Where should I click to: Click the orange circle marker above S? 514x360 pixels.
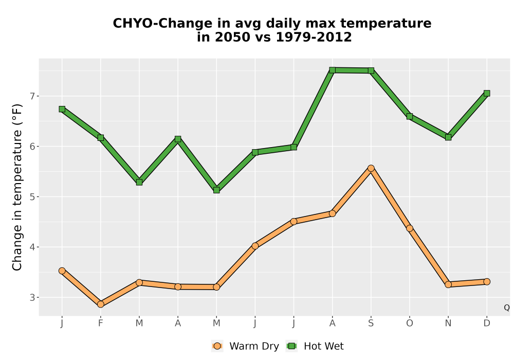pos(371,168)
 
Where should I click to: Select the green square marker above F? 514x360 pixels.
pos(101,138)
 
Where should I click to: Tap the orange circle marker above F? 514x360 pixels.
pos(101,304)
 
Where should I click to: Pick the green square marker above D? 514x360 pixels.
pos(487,94)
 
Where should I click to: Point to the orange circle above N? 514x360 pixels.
pos(448,284)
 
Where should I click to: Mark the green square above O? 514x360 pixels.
pos(410,116)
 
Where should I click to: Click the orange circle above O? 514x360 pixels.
pos(410,228)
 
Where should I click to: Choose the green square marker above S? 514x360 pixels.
pos(371,70)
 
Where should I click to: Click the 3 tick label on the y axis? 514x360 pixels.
pos(32,297)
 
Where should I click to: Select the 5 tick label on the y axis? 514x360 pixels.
pos(32,197)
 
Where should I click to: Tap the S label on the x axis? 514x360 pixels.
pos(371,323)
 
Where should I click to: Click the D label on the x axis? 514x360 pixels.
pos(487,323)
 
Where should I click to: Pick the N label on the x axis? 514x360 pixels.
pos(448,323)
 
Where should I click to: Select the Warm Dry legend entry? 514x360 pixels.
pos(245,346)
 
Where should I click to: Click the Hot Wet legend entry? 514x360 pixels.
pos(315,346)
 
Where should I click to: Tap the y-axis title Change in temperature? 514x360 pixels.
pos(17,187)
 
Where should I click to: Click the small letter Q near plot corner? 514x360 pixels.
pos(507,308)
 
